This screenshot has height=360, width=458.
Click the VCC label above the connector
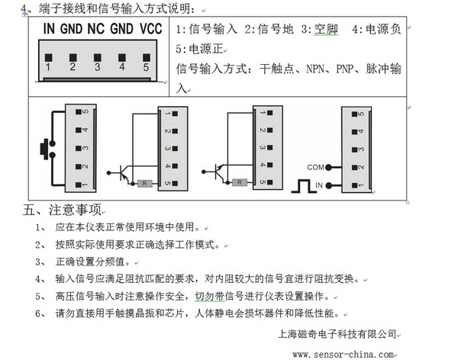tap(150, 29)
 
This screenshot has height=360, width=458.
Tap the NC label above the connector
tap(96, 29)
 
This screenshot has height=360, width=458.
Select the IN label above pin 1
tap(49, 29)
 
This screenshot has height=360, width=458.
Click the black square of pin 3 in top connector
tap(98, 57)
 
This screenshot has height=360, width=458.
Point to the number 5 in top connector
tap(146, 67)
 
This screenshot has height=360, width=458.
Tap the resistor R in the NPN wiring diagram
tap(144, 183)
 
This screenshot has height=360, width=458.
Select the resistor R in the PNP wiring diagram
tap(240, 182)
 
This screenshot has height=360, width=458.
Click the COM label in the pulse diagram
tap(315, 167)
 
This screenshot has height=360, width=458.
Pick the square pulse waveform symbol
tap(304, 186)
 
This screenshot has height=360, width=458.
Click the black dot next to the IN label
tap(328, 185)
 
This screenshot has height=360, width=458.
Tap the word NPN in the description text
tap(315, 69)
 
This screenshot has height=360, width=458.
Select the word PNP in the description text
tap(345, 69)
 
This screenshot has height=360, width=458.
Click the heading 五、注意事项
tap(63, 210)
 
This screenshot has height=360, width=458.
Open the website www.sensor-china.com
tap(343, 355)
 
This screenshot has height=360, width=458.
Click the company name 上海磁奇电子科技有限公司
tap(337, 334)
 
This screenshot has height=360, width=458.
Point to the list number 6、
tap(40, 313)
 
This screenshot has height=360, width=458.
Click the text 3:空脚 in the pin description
tap(320, 29)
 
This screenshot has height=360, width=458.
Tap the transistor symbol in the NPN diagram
tap(124, 172)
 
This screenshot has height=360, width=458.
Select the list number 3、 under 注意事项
tap(40, 262)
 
